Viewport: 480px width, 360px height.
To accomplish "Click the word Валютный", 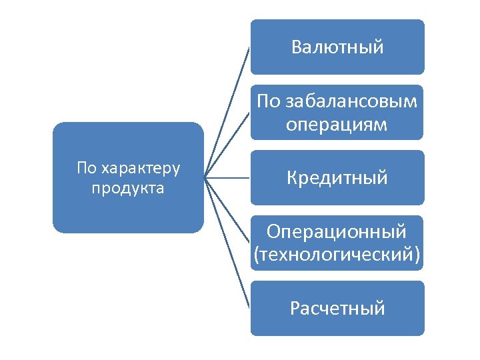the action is coord(337,47).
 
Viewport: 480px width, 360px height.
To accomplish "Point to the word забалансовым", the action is coord(351,101).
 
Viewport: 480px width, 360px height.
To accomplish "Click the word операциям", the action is coord(337,124).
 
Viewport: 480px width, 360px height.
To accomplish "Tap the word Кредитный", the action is coord(337,178).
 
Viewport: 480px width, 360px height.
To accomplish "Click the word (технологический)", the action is coord(337,254).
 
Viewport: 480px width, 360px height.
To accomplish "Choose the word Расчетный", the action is coord(337,309).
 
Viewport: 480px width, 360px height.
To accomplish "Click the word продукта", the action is coord(128,188).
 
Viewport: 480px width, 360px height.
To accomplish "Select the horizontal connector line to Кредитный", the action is coord(227,178).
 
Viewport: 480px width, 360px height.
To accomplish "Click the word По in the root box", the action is coord(87,167).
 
